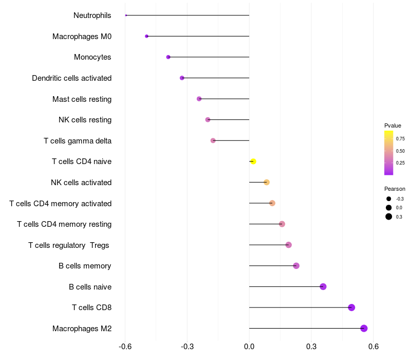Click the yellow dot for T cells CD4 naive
click(x=253, y=161)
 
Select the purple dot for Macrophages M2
click(x=364, y=329)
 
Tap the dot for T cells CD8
click(x=351, y=308)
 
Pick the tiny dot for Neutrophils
click(x=126, y=15)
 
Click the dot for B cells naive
click(x=323, y=286)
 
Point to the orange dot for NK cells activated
click(x=267, y=182)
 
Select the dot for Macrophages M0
click(x=147, y=37)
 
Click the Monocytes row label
click(x=92, y=57)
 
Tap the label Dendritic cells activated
click(x=72, y=78)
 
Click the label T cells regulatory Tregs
click(x=69, y=245)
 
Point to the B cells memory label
click(x=85, y=266)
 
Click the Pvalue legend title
click(x=393, y=125)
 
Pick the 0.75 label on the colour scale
click(x=400, y=138)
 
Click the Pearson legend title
click(x=395, y=189)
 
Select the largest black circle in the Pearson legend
click(x=389, y=217)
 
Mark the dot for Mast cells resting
click(x=199, y=99)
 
